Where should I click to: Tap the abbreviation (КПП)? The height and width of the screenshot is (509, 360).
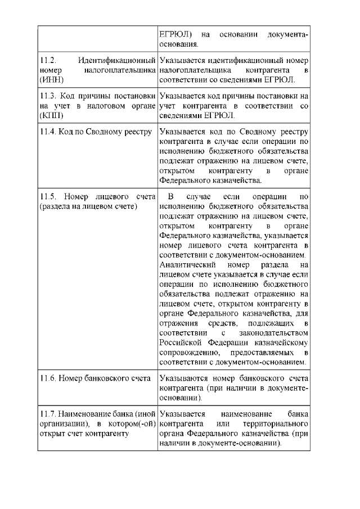pyautogui.click(x=53, y=116)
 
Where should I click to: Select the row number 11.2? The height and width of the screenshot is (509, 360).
pyautogui.click(x=49, y=60)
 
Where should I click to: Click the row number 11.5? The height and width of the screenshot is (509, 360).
pyautogui.click(x=49, y=196)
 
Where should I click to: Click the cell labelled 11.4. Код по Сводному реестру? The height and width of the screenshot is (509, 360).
pyautogui.click(x=96, y=132)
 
